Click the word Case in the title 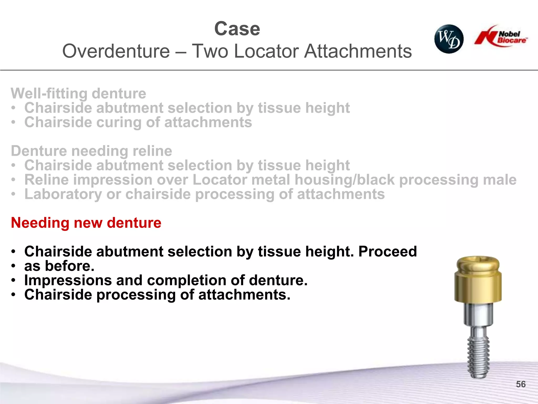pyautogui.click(x=237, y=29)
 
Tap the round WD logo pyautogui.click(x=449, y=39)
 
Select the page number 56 pyautogui.click(x=521, y=384)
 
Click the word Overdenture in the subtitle pyautogui.click(x=116, y=51)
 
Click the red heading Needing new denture pyautogui.click(x=86, y=223)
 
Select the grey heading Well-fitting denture pyautogui.click(x=78, y=94)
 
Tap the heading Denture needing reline pyautogui.click(x=91, y=151)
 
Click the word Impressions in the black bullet pyautogui.click(x=68, y=280)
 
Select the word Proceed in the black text pyautogui.click(x=387, y=251)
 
